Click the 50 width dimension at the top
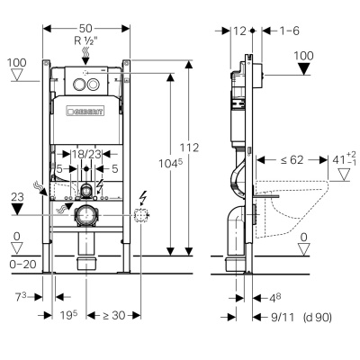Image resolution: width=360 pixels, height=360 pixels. (85, 29)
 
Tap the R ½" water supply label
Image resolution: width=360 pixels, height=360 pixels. (86, 40)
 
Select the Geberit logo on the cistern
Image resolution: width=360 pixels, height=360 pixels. (85, 112)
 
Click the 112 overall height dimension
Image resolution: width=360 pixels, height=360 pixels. (189, 148)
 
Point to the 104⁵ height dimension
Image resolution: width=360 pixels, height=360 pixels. (170, 164)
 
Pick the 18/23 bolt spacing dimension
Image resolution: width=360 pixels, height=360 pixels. (86, 155)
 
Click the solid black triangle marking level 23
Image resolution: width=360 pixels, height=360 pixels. (17, 209)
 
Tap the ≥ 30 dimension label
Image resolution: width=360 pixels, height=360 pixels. (114, 315)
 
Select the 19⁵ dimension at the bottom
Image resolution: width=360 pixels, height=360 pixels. (68, 315)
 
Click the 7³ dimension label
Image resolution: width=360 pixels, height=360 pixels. (21, 297)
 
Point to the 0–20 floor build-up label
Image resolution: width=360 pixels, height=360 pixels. (23, 265)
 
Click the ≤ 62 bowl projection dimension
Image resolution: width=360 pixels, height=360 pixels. (292, 160)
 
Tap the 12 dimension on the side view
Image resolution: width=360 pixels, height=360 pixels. (239, 31)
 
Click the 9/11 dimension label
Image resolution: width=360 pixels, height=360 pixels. (283, 317)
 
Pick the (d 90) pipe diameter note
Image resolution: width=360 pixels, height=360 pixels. (318, 317)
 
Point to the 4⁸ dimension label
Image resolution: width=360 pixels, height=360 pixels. (274, 298)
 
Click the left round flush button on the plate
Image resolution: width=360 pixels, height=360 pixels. (79, 84)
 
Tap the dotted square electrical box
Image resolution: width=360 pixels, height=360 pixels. (140, 215)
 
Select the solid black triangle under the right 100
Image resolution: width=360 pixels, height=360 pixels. (304, 69)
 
